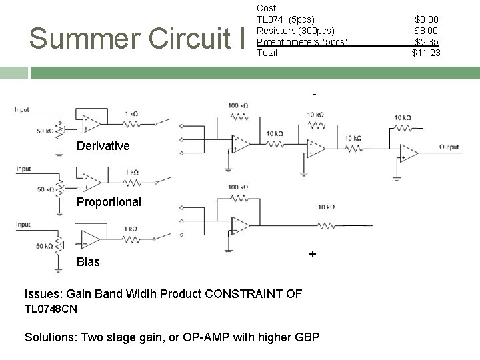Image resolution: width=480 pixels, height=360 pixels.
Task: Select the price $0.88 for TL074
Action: pyautogui.click(x=427, y=19)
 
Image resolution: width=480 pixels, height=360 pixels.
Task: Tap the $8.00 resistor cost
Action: pyautogui.click(x=427, y=31)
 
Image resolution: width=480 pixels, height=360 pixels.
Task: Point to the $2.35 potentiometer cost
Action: pyautogui.click(x=427, y=41)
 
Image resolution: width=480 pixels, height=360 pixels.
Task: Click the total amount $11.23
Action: pyautogui.click(x=426, y=53)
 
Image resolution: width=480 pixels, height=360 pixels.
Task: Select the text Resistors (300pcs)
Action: pyautogui.click(x=295, y=31)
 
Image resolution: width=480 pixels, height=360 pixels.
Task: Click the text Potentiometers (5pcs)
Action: pyautogui.click(x=302, y=42)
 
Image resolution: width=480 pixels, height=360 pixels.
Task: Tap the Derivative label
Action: pyautogui.click(x=103, y=146)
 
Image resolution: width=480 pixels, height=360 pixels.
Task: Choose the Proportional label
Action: pyautogui.click(x=109, y=202)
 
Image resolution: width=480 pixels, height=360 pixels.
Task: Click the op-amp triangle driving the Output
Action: pyautogui.click(x=408, y=153)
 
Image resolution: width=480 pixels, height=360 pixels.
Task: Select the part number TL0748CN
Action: pyautogui.click(x=51, y=309)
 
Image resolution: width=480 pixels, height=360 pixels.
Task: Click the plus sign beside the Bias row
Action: pyautogui.click(x=312, y=255)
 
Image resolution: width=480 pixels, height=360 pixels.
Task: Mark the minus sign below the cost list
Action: pyautogui.click(x=314, y=95)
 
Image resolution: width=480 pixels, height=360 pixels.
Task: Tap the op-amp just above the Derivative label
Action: pyautogui.click(x=91, y=123)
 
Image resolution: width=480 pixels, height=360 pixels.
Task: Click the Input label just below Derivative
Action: pyautogui.click(x=24, y=169)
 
